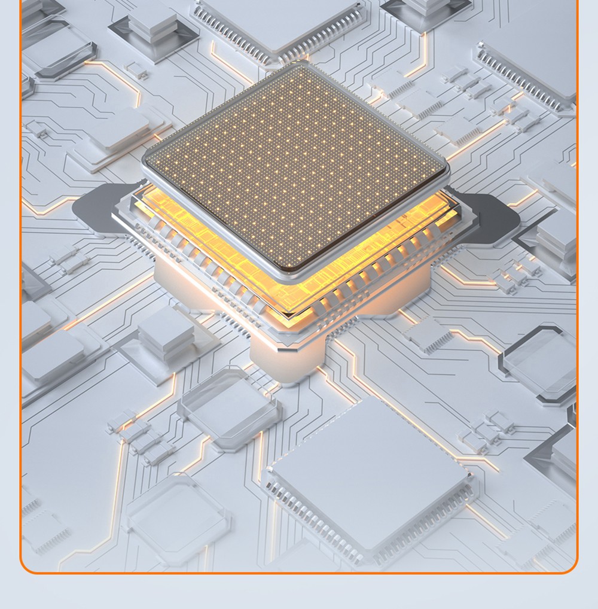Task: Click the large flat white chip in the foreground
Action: pos(371,473)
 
